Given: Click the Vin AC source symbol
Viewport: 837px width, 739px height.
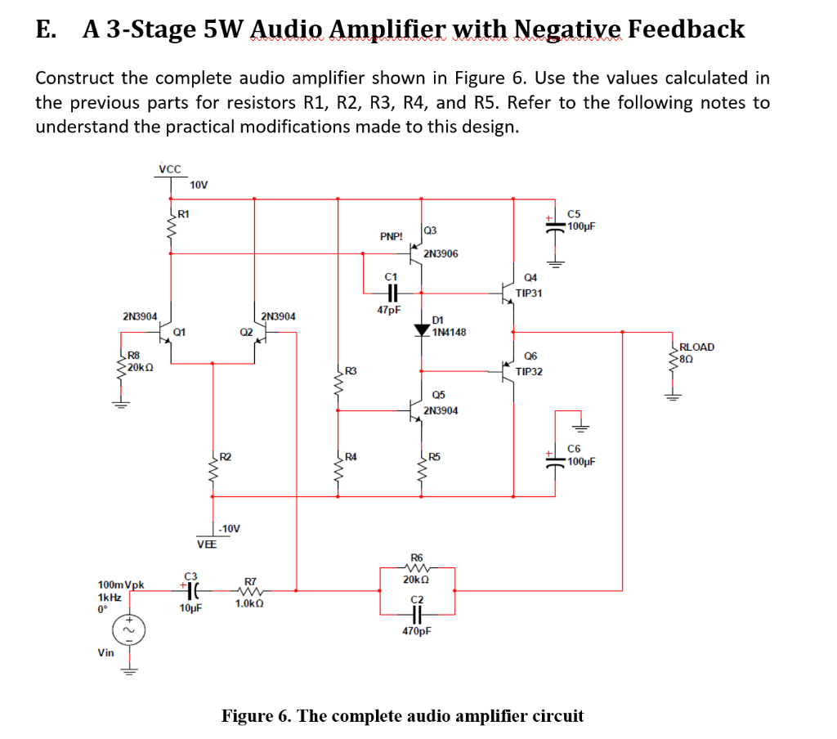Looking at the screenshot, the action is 128,630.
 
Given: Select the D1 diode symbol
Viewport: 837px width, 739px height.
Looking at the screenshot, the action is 422,330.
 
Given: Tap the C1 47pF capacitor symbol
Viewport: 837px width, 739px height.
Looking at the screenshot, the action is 392,293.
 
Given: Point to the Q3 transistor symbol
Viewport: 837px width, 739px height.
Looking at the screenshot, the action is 415,253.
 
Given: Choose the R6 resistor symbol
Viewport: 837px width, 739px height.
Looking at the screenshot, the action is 417,567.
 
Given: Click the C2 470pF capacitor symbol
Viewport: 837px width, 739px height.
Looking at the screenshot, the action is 417,615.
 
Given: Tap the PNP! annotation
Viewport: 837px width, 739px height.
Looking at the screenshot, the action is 392,236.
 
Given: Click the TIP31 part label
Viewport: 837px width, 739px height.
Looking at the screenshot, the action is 529,293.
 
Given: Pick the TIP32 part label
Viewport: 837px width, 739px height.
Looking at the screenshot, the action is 529,372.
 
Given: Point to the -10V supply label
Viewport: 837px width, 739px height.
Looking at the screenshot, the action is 230,529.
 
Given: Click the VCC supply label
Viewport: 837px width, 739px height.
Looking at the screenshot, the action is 170,168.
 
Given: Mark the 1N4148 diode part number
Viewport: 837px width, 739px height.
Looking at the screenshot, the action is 449,332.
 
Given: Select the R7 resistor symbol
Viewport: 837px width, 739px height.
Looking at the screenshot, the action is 250,590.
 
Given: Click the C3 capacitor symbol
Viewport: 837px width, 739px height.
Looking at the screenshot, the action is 193,590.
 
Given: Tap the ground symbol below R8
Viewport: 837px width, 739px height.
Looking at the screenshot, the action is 121,403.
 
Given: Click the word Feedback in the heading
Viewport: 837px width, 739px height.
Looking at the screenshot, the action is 686,29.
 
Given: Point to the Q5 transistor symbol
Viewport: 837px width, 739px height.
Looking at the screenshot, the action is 414,410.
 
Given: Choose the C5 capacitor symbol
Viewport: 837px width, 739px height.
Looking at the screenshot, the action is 555,226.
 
